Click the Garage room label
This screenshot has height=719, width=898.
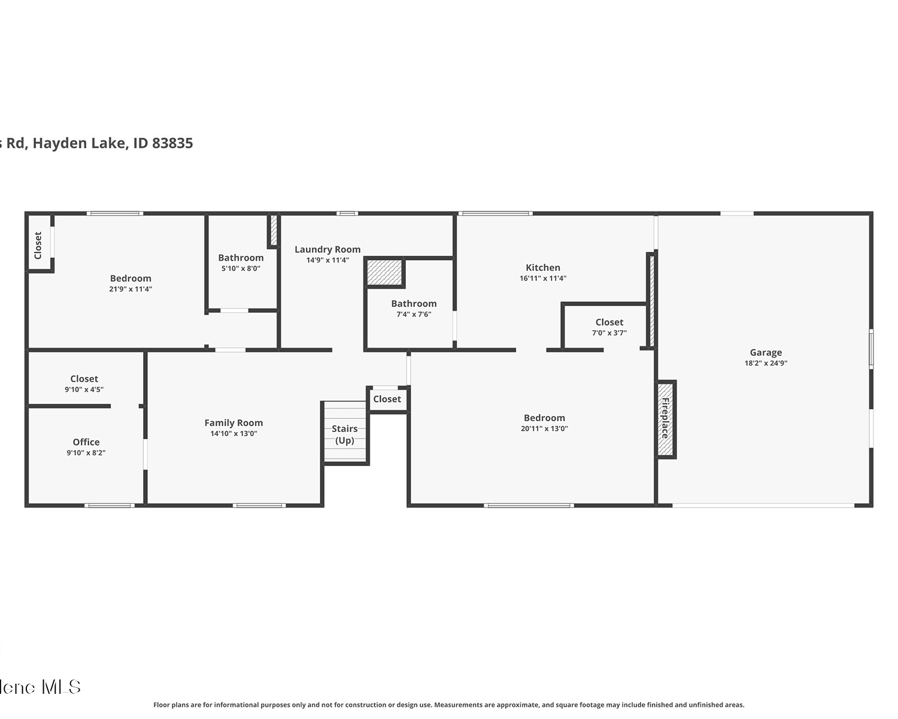[766, 353]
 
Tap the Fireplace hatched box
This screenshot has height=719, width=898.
[666, 419]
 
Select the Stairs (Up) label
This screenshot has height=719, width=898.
[345, 434]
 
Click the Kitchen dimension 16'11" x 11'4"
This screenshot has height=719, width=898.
[543, 278]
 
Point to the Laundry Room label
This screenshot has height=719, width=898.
[327, 249]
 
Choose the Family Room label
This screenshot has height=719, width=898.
[233, 423]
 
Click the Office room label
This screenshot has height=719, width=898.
[86, 442]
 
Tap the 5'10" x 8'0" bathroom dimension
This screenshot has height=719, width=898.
[241, 268]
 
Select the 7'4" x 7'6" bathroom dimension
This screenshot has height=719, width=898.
[414, 315]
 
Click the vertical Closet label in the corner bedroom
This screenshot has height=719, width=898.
[38, 245]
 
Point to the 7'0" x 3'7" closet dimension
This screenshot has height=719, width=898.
[609, 333]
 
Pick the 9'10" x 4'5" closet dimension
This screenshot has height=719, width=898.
[84, 389]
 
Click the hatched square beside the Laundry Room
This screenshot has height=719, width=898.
[384, 273]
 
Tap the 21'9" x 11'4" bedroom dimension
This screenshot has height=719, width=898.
[131, 289]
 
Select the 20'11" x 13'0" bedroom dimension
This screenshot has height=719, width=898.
[544, 428]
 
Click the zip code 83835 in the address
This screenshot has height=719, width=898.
[172, 143]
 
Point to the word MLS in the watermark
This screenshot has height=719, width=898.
[61, 687]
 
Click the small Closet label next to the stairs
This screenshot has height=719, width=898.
[387, 399]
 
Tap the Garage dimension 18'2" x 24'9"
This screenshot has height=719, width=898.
[766, 364]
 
